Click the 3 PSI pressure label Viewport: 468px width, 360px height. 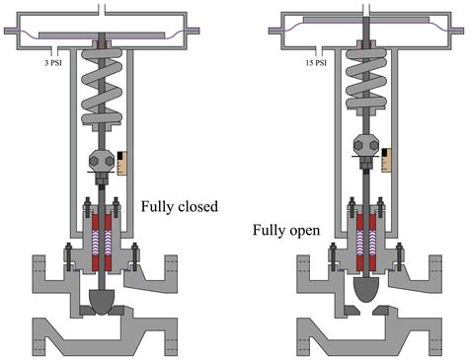coord(53,62)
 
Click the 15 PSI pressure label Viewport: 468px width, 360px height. coord(316,62)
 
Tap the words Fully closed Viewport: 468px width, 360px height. coord(180,207)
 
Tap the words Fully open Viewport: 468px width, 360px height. coord(286,230)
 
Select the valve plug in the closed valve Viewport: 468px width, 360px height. coord(102,302)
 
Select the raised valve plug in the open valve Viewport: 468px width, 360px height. coord(366,289)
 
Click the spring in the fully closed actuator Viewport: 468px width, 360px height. coord(102,87)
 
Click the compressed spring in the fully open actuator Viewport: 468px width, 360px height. coord(366,79)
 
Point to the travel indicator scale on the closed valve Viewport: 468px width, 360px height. coord(122,163)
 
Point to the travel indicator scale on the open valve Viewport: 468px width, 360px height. coord(387,160)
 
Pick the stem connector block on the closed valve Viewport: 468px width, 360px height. coord(102,161)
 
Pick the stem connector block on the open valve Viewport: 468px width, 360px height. coord(366,145)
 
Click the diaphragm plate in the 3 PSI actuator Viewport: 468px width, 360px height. coord(102,36)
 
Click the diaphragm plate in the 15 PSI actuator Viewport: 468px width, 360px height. coord(366,20)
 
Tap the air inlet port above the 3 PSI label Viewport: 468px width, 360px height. coord(54,51)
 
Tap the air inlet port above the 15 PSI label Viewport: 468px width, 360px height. coord(319,51)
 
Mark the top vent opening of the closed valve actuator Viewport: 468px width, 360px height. coord(102,9)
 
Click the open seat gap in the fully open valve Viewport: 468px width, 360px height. coord(366,310)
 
